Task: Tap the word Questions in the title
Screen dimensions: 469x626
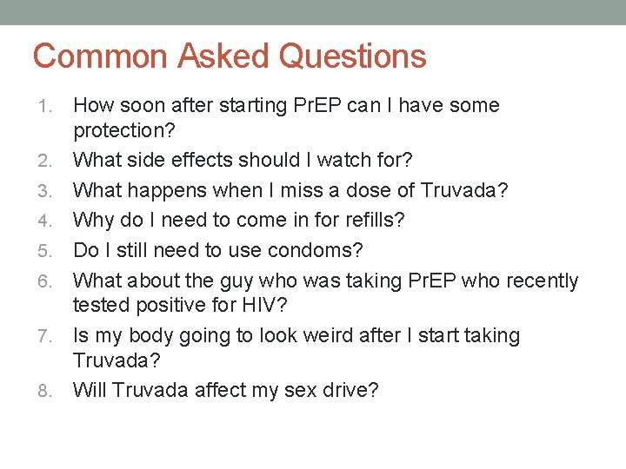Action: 353,56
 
